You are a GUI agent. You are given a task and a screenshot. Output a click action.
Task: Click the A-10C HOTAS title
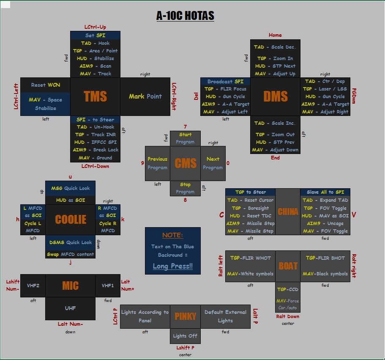point(185,16)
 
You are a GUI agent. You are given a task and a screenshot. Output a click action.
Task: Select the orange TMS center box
point(95,96)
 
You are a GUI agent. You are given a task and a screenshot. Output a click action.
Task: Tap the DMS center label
point(275,96)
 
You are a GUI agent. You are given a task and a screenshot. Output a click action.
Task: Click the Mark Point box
point(145,96)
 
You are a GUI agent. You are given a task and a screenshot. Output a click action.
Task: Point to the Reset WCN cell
point(45,85)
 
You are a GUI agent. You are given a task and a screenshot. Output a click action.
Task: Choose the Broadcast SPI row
point(225,81)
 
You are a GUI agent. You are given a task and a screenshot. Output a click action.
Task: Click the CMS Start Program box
point(185,138)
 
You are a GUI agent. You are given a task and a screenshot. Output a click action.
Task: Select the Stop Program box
point(185,188)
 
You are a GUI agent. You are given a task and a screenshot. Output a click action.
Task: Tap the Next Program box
point(213,163)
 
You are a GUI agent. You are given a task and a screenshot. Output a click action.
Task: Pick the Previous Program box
point(157,163)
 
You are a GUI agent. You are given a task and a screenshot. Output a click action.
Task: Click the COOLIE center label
point(70,220)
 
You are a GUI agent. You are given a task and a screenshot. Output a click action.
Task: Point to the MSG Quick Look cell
point(70,188)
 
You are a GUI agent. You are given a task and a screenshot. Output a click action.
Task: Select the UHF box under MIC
point(70,308)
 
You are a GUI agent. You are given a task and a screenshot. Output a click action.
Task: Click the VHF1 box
point(108,286)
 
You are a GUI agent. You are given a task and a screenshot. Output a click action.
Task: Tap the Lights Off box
point(185,336)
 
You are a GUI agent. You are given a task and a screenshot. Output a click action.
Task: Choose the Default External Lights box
point(225,316)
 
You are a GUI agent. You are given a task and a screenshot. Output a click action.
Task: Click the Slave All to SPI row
point(325,192)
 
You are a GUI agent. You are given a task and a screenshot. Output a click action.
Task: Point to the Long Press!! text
point(172,266)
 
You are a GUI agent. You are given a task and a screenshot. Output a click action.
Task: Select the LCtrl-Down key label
point(95,166)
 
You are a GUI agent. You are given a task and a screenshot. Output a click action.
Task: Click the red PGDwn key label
point(354,96)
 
